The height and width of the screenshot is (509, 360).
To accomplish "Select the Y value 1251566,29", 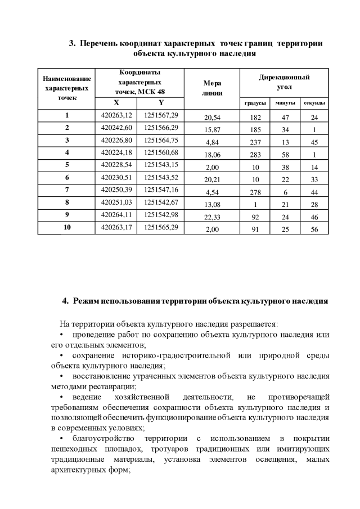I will pyautogui.click(x=161, y=128).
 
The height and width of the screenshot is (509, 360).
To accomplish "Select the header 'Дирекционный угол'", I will pyautogui.click(x=284, y=82).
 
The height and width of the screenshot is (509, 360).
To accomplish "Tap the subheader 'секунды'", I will pyautogui.click(x=314, y=103).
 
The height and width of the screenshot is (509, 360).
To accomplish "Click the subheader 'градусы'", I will pyautogui.click(x=255, y=103).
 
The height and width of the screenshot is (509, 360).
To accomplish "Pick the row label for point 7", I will pyautogui.click(x=66, y=190).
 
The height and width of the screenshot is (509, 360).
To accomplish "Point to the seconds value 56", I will pyautogui.click(x=314, y=229).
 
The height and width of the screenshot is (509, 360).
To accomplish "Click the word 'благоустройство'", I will pyautogui.click(x=103, y=438).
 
